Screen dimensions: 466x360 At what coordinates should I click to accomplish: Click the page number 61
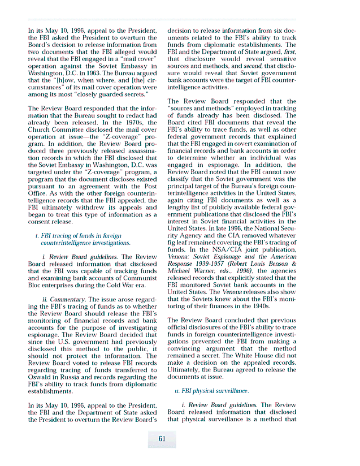coord(162,438)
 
